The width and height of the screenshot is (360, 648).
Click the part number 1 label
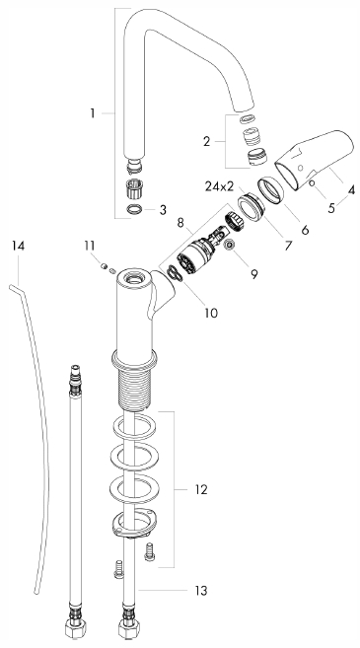pyautogui.click(x=93, y=112)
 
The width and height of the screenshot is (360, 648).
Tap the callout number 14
pyautogui.click(x=18, y=246)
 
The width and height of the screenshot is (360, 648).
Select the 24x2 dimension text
pyautogui.click(x=219, y=186)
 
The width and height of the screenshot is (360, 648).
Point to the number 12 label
pyautogui.click(x=201, y=490)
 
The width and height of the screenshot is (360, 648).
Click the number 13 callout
pyautogui.click(x=201, y=591)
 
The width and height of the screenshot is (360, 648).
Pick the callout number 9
pyautogui.click(x=253, y=273)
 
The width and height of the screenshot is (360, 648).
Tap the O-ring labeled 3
pyautogui.click(x=135, y=209)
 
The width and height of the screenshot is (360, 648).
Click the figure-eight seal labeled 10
pyautogui.click(x=175, y=273)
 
